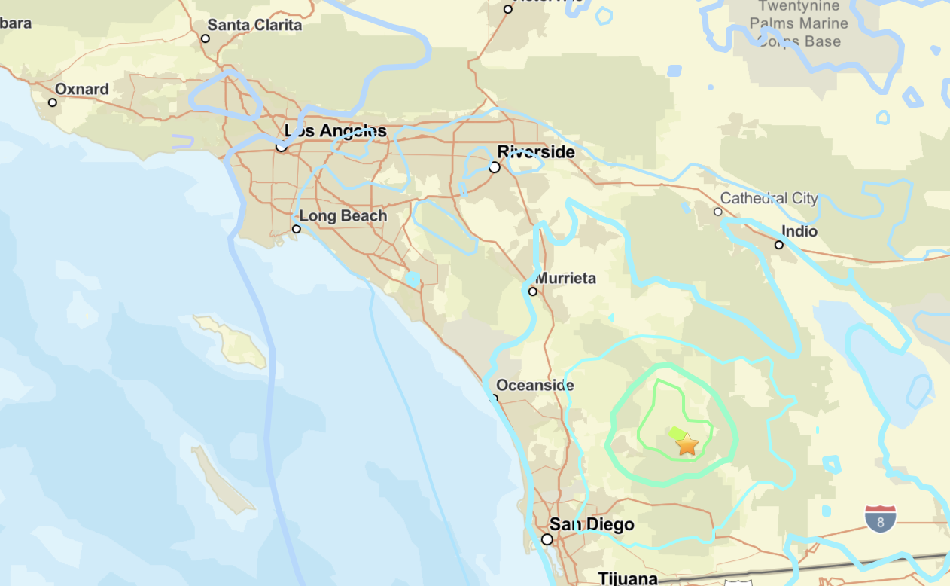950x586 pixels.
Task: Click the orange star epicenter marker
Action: pyautogui.click(x=687, y=444)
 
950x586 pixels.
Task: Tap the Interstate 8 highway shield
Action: pyautogui.click(x=879, y=519)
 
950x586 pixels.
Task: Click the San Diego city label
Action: pyautogui.click(x=592, y=524)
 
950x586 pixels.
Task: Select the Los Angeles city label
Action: pyautogui.click(x=336, y=131)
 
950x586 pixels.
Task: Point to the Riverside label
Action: pyautogui.click(x=536, y=152)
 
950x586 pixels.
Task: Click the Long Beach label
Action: pyautogui.click(x=343, y=216)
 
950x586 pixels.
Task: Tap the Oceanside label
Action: pyautogui.click(x=534, y=386)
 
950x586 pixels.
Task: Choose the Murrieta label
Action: pyautogui.click(x=565, y=278)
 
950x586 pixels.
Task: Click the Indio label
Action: pyautogui.click(x=799, y=231)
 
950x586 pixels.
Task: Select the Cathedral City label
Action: pyautogui.click(x=769, y=198)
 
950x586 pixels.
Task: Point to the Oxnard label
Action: pyautogui.click(x=82, y=89)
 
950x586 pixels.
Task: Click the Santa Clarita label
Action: pyautogui.click(x=254, y=25)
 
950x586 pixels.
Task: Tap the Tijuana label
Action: pyautogui.click(x=628, y=578)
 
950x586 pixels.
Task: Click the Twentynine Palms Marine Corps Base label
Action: pyautogui.click(x=799, y=24)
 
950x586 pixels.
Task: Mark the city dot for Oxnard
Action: pyautogui.click(x=53, y=102)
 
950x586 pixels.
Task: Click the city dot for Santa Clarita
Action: pyautogui.click(x=205, y=38)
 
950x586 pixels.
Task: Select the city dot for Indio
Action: pyautogui.click(x=779, y=245)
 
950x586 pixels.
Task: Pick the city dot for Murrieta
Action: pyautogui.click(x=533, y=291)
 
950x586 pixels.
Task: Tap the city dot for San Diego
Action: pyautogui.click(x=547, y=539)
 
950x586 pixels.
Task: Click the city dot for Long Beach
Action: pyautogui.click(x=297, y=229)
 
